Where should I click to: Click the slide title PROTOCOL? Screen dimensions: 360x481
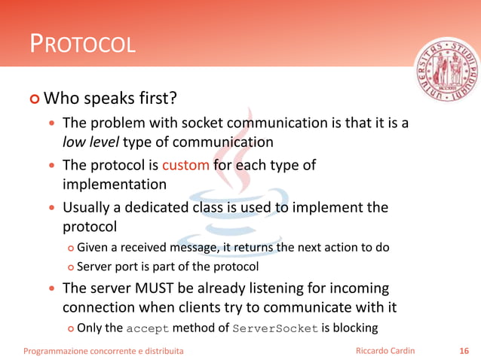[82, 44]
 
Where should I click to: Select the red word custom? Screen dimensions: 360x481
[185, 165]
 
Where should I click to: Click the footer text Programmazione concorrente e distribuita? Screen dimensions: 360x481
[103, 350]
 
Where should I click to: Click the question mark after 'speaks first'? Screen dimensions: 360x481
[173, 99]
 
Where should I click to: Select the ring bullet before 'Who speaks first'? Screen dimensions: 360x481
[33, 99]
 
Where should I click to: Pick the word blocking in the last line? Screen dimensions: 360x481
[354, 328]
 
